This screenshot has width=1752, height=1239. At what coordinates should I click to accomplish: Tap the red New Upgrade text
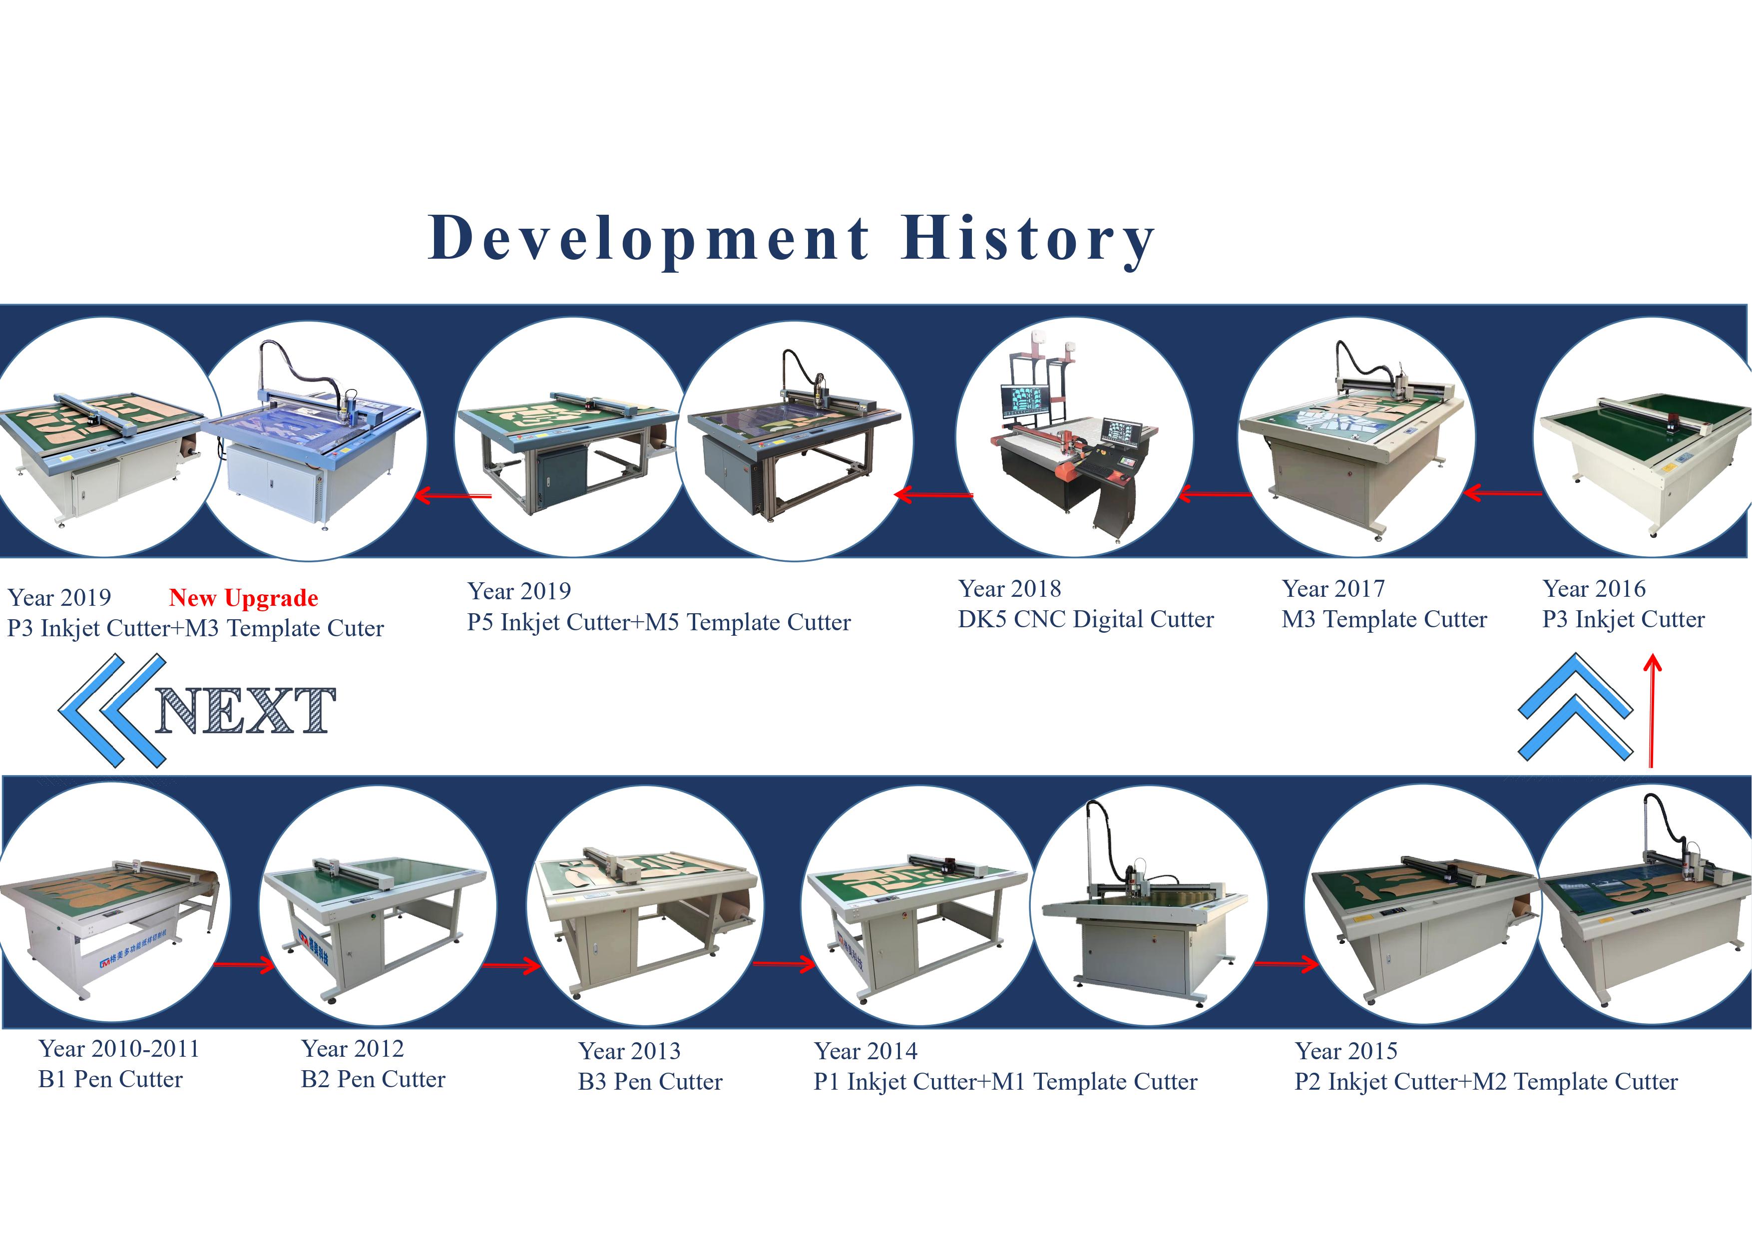click(243, 598)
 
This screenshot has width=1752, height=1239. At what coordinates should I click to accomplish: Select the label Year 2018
click(1009, 589)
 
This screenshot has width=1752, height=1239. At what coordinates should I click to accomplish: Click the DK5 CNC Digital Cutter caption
click(1086, 619)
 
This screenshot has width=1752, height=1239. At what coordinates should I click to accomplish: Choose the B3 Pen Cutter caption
click(650, 1081)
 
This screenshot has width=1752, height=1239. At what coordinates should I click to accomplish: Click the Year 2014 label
click(866, 1051)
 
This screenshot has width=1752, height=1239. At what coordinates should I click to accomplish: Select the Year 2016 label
click(1594, 589)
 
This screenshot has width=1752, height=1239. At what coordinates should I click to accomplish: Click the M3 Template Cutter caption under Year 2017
click(1384, 619)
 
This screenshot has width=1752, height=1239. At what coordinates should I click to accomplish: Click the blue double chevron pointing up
click(1575, 707)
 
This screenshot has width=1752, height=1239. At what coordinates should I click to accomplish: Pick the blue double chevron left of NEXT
click(112, 710)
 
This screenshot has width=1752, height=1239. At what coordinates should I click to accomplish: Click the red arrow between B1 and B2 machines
click(244, 966)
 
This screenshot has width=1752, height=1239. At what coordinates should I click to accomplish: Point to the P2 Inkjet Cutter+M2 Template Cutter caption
click(1486, 1081)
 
